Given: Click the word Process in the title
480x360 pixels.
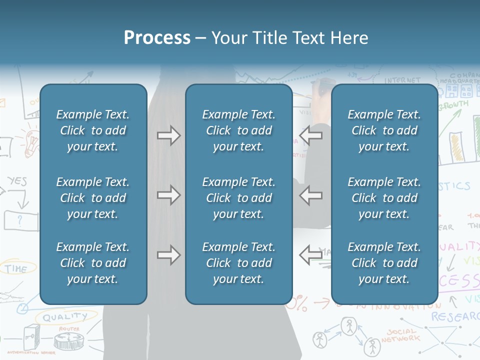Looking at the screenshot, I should [157, 38].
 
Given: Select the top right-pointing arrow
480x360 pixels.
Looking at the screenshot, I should [168, 135].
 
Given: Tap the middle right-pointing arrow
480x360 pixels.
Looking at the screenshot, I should [168, 195].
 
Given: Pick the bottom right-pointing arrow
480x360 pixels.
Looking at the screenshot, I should [168, 255].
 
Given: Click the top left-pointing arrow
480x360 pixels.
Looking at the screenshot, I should [310, 135].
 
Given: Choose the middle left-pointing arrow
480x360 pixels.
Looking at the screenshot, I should [310, 195].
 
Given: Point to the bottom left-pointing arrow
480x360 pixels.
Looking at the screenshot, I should [310, 255].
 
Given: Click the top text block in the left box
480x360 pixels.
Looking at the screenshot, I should [93, 130].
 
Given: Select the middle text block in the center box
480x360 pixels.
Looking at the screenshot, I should [238, 198].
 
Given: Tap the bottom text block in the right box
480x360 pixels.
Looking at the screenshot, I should [384, 263].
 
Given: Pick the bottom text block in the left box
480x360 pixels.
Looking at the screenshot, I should [93, 263].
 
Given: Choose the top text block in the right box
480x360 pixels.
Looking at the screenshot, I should [384, 130].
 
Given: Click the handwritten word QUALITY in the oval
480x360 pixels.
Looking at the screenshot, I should [64, 316].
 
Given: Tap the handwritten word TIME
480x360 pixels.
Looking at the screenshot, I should [16, 268].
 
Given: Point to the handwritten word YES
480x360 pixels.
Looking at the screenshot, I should [17, 181].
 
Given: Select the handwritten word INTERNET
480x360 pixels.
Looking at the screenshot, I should [402, 80].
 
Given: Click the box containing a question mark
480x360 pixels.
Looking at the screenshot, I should [20, 220].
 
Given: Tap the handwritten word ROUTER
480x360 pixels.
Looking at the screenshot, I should [69, 329].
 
